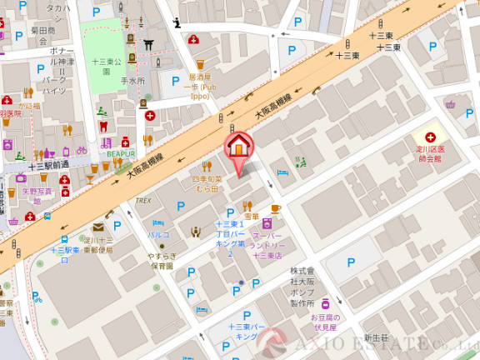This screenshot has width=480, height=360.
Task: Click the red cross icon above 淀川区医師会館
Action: coord(430,137)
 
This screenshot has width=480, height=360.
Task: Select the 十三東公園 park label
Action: coord(107,66)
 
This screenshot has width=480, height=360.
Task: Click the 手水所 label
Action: coord(133,81)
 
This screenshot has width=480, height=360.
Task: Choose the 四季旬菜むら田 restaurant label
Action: coord(207,183)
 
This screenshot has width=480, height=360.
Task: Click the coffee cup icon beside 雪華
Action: coord(276,208)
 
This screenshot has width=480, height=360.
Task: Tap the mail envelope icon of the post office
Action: coord(97,226)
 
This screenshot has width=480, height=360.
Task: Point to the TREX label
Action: coord(142,200)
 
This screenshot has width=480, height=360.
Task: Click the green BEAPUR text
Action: coord(120,154)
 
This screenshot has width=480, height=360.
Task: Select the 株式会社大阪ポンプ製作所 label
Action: coord(302,287)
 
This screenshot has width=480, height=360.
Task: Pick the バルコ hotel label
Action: coord(158,234)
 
